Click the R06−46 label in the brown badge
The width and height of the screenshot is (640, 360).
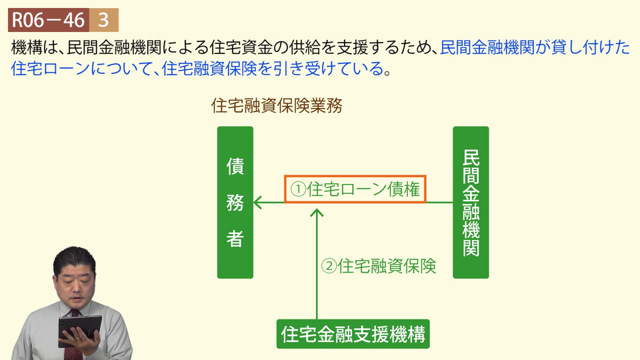(48, 20)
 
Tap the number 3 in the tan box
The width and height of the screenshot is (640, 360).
(104, 20)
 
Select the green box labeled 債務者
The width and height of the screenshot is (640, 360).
(235, 203)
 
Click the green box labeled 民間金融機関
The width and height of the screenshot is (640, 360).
(471, 203)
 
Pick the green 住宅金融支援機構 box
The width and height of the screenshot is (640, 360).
(353, 334)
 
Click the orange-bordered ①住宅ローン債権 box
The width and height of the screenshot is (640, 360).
(355, 189)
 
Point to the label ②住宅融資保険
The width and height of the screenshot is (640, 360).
(379, 266)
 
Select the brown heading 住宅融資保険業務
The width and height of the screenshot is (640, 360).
(277, 106)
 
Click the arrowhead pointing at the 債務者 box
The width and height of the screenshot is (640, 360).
(257, 203)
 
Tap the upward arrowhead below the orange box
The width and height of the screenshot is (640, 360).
(317, 212)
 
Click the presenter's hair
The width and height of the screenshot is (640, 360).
(74, 259)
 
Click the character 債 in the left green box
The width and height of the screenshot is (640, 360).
(235, 166)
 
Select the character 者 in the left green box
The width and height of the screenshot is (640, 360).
(235, 239)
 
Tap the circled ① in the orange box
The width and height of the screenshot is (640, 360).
(298, 189)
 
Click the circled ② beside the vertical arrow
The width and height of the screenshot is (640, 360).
(329, 266)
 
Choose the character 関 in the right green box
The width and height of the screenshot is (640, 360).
(471, 246)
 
